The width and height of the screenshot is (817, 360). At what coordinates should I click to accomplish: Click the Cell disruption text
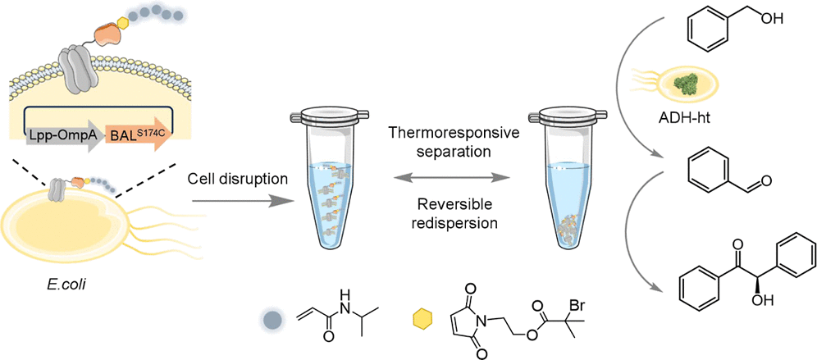tap(239, 180)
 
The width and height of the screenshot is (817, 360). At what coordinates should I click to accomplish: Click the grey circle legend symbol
tap(272, 319)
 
